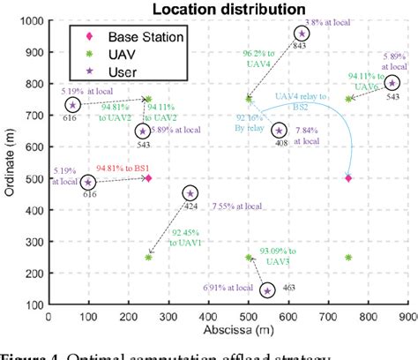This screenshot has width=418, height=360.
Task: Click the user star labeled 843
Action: tap(302, 34)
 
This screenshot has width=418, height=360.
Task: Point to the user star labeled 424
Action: tap(190, 193)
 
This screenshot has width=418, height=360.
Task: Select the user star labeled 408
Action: tap(279, 130)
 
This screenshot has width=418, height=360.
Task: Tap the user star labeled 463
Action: tap(267, 289)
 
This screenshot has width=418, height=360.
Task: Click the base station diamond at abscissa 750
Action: tap(348, 178)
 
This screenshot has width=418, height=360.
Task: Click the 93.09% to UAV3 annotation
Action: tap(276, 256)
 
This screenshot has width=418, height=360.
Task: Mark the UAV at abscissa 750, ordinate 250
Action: tap(348, 258)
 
